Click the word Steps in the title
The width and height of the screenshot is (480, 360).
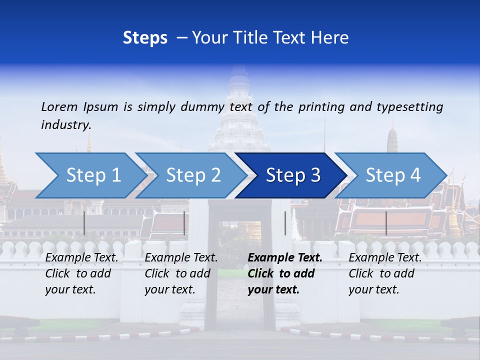pyautogui.click(x=145, y=38)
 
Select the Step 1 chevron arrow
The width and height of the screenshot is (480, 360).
pyautogui.click(x=90, y=175)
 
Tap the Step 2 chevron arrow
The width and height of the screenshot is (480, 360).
pyautogui.click(x=191, y=175)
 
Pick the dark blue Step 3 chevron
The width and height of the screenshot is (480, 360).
pyautogui.click(x=291, y=175)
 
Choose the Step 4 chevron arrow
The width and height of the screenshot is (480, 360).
pyautogui.click(x=391, y=175)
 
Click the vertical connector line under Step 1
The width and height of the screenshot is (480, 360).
pyautogui.click(x=84, y=223)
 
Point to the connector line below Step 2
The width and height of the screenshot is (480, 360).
pyautogui.click(x=184, y=223)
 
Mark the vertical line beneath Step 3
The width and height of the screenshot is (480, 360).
pyautogui.click(x=285, y=223)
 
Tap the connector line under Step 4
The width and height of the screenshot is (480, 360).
pyautogui.click(x=386, y=223)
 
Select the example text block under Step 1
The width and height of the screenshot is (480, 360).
pyautogui.click(x=81, y=273)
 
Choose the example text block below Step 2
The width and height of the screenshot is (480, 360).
pyautogui.click(x=181, y=273)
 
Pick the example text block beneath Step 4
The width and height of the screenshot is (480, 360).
pyautogui.click(x=385, y=273)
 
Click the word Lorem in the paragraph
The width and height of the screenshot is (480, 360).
pyautogui.click(x=59, y=107)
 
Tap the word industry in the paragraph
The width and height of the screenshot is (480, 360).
pyautogui.click(x=66, y=125)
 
